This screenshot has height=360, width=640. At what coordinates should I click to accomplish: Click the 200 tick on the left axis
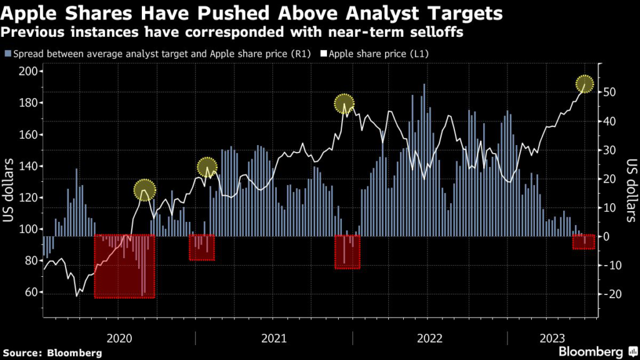coord(27,71)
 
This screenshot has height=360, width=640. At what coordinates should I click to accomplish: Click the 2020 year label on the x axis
coord(119,338)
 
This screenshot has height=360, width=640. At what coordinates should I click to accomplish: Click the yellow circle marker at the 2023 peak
coord(585,84)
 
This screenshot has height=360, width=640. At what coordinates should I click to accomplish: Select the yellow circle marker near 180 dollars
coord(344,104)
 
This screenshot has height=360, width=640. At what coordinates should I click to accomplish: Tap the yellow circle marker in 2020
coord(144,190)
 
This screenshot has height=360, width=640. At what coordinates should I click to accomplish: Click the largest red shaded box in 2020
coord(124,266)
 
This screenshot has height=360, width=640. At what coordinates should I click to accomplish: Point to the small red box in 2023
coord(584,241)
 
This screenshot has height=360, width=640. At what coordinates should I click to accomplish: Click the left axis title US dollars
coord(10,189)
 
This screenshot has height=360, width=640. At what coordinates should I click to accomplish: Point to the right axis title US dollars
coord(629,189)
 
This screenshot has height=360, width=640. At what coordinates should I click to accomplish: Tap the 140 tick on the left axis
coord(27,166)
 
